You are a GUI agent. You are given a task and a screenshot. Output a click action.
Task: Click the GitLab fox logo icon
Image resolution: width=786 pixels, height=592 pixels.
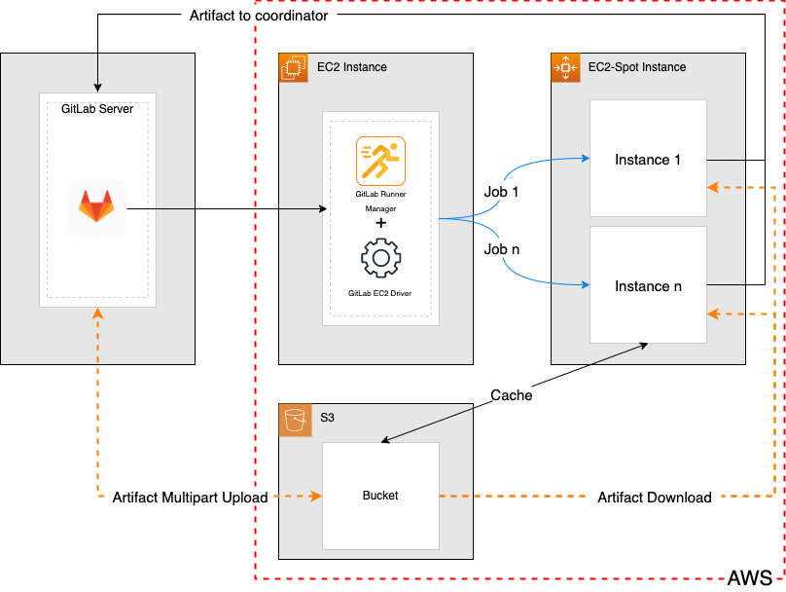point(96,207)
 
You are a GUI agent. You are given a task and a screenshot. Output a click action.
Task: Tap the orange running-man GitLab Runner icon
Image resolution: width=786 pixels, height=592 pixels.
point(380,162)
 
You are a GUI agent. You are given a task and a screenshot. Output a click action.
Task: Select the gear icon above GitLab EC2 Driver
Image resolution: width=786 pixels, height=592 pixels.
point(380,260)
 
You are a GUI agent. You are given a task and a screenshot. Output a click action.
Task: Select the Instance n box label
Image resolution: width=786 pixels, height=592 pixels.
point(648,286)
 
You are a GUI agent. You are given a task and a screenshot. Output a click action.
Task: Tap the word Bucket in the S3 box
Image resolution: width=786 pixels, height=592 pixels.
point(380,496)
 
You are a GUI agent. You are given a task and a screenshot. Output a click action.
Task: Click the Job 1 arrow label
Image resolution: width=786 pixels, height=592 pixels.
point(501,192)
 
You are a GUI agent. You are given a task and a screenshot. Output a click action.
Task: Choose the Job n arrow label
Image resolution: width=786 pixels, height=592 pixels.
point(501,249)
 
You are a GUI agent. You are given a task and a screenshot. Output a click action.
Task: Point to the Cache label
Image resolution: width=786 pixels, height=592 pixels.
point(511,395)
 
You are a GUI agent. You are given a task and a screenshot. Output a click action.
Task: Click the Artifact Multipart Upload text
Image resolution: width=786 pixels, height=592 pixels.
point(190,498)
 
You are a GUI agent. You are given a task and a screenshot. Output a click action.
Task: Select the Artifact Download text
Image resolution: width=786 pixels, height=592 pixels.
point(654,498)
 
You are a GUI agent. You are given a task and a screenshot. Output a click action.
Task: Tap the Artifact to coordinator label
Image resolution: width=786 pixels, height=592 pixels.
point(258,17)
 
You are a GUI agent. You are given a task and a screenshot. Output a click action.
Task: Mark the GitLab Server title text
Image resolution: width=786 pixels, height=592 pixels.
point(96,108)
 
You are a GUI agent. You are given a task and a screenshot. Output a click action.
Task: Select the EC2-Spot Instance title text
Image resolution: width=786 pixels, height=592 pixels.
point(637,67)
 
